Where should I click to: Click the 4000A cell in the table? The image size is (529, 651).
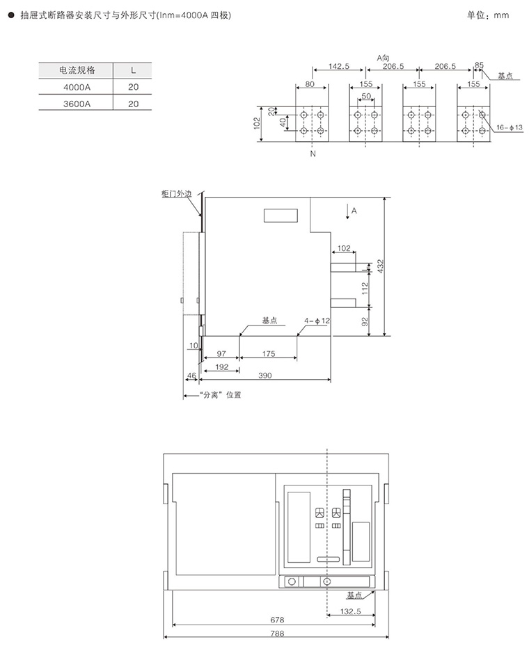77,87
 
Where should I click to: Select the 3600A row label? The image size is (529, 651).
77,104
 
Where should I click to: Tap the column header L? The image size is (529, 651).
133,70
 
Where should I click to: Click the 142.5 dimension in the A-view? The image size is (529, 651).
339,66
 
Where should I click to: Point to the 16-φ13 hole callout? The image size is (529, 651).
509,127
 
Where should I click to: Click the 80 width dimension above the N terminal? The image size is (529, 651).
310,84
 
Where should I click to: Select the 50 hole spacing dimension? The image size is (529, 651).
366,96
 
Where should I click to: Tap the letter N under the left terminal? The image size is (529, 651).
313,154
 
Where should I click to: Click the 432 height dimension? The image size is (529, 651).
380,266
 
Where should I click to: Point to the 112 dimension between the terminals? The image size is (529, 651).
365,289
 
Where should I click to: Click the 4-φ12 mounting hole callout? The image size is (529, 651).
317,321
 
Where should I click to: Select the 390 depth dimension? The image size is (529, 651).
265,376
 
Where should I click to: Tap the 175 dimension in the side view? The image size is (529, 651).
269,354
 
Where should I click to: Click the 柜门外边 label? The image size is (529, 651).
177,193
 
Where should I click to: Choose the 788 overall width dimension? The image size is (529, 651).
277,634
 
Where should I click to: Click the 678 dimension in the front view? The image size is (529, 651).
277,620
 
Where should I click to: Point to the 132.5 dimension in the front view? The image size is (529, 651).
351,611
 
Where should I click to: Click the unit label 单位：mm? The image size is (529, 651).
488,15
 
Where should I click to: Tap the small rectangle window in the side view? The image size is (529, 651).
281,215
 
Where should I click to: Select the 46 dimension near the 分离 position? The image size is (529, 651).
191,376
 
